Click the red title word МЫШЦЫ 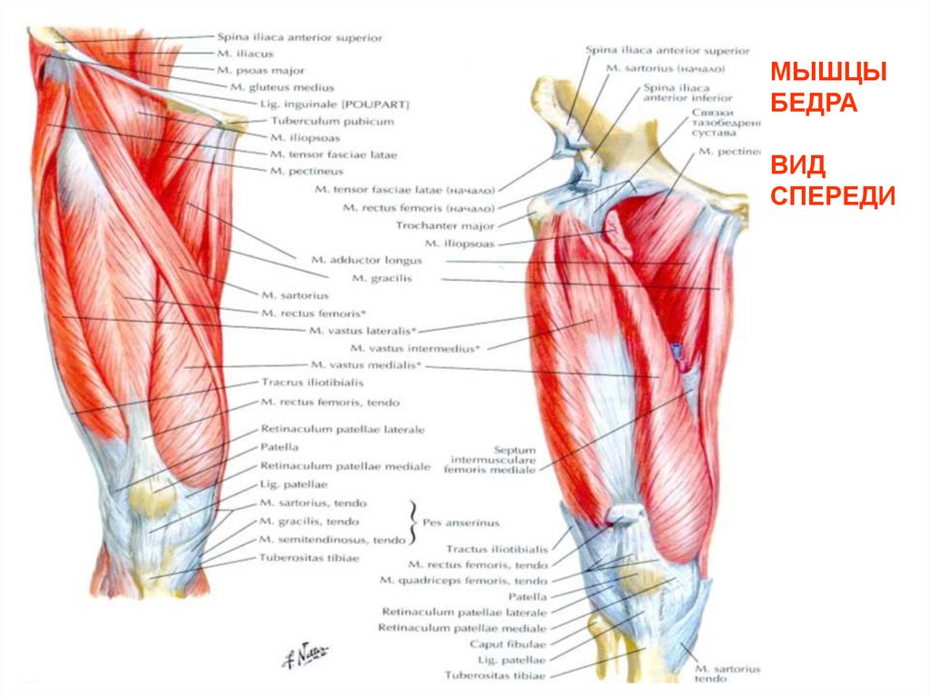point(828,73)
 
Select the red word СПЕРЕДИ point(834,195)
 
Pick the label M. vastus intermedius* point(417,347)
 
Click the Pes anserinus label point(460,523)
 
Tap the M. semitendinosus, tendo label point(331,540)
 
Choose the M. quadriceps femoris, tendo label point(463,580)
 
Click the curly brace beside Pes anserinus point(416,521)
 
